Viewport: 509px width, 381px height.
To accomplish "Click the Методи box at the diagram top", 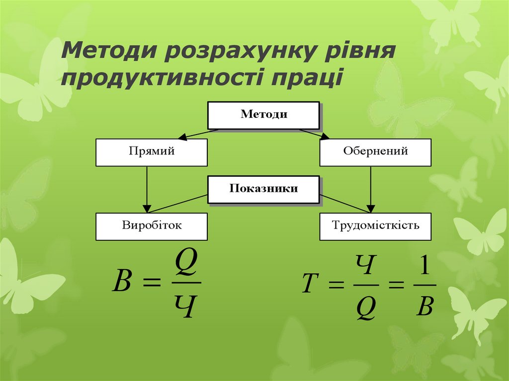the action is click(x=263, y=115).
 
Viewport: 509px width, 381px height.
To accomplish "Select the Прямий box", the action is click(x=151, y=152).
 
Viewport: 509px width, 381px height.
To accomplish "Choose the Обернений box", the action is click(x=375, y=152).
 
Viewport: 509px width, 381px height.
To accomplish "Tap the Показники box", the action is click(x=263, y=189).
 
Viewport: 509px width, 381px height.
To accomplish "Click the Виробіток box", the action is click(x=151, y=227).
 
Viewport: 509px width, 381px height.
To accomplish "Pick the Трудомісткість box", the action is click(x=375, y=227).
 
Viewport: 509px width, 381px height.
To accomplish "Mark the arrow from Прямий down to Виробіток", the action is click(x=147, y=189).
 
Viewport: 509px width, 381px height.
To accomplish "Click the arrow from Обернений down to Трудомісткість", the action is click(x=370, y=189).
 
